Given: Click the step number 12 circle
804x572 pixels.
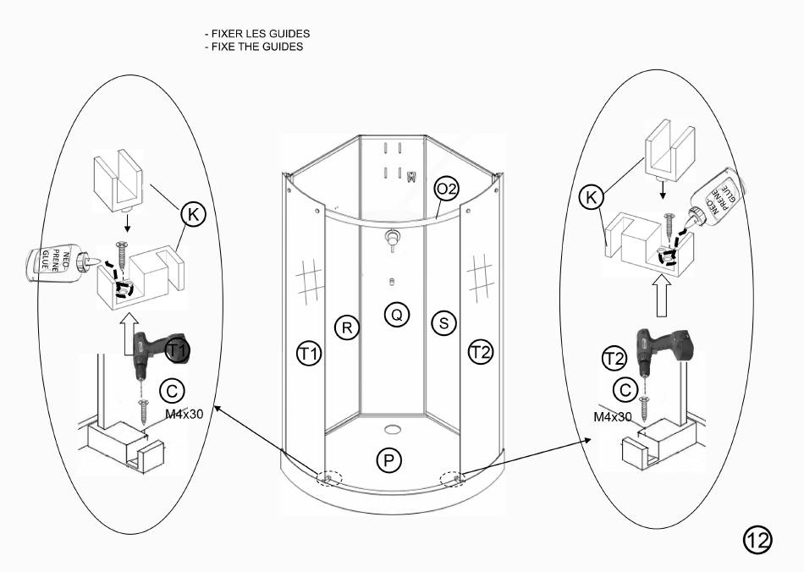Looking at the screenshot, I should tap(757, 540).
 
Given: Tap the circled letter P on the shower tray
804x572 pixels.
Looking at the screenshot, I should tap(388, 460).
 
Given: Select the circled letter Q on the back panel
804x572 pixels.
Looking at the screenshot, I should tap(395, 315).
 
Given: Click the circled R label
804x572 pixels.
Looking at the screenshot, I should tap(345, 327).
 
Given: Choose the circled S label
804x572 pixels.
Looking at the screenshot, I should tap(443, 322).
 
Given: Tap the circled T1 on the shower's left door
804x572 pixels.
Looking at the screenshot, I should tap(309, 352).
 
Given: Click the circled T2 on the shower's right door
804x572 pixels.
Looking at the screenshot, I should tap(481, 352).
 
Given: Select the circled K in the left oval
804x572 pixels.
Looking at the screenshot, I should tap(193, 215).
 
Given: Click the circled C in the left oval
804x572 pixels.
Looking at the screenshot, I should tap(172, 390).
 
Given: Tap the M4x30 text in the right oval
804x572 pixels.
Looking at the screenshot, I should tap(613, 416).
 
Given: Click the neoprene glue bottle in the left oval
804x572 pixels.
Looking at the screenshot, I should tap(56, 264).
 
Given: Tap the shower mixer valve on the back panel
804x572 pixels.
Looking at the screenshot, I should tap(391, 238).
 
